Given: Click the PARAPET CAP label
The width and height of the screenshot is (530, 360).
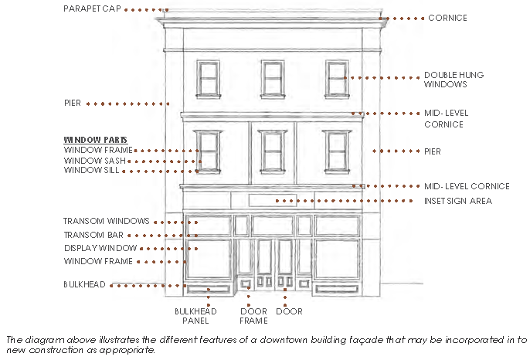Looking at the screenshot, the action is pyautogui.click(x=90, y=9).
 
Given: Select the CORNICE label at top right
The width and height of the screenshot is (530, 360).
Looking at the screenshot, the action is pyautogui.click(x=447, y=18).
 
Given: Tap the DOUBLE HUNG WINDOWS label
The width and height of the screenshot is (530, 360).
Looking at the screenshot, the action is pyautogui.click(x=454, y=80).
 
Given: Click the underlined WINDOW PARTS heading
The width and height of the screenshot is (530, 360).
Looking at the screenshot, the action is pyautogui.click(x=90, y=139).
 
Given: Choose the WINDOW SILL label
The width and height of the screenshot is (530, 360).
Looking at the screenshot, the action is pyautogui.click(x=92, y=171).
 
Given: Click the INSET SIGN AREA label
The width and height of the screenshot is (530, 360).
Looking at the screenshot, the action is pyautogui.click(x=458, y=201).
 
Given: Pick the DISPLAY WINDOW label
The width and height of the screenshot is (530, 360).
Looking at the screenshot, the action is pyautogui.click(x=100, y=249).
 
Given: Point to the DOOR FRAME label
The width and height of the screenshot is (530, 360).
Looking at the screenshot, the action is pyautogui.click(x=253, y=316).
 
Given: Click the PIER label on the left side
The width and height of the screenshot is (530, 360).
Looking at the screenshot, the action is pyautogui.click(x=73, y=103).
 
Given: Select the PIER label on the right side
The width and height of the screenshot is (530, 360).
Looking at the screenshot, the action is pyautogui.click(x=433, y=151).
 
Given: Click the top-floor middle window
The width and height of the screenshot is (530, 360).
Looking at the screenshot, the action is pyautogui.click(x=272, y=78).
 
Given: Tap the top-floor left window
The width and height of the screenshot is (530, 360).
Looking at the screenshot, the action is pyautogui.click(x=208, y=78).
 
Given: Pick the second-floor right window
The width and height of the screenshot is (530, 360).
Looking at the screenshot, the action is pyautogui.click(x=335, y=150).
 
